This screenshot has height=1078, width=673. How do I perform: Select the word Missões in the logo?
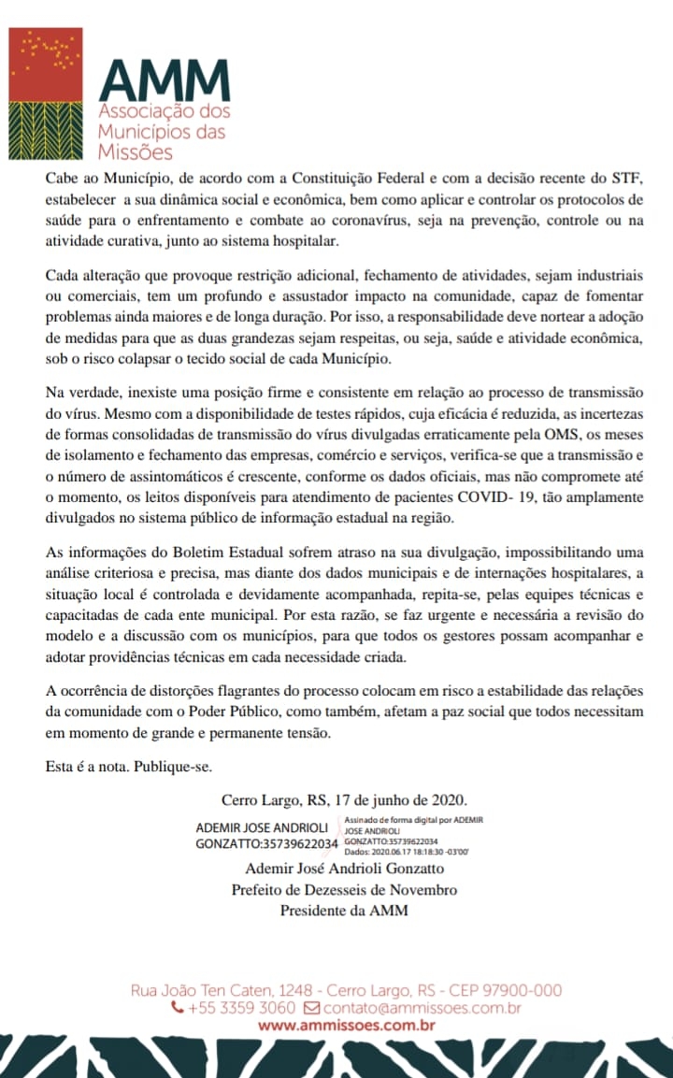136,151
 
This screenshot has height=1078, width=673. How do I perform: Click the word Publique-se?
173,767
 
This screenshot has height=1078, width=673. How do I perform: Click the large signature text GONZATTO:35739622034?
266,844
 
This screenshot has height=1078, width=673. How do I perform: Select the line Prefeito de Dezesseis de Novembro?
344,889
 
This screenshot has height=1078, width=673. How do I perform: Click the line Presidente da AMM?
344,910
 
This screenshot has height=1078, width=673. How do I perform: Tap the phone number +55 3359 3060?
241,1009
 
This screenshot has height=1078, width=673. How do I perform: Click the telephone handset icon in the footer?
178,1009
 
